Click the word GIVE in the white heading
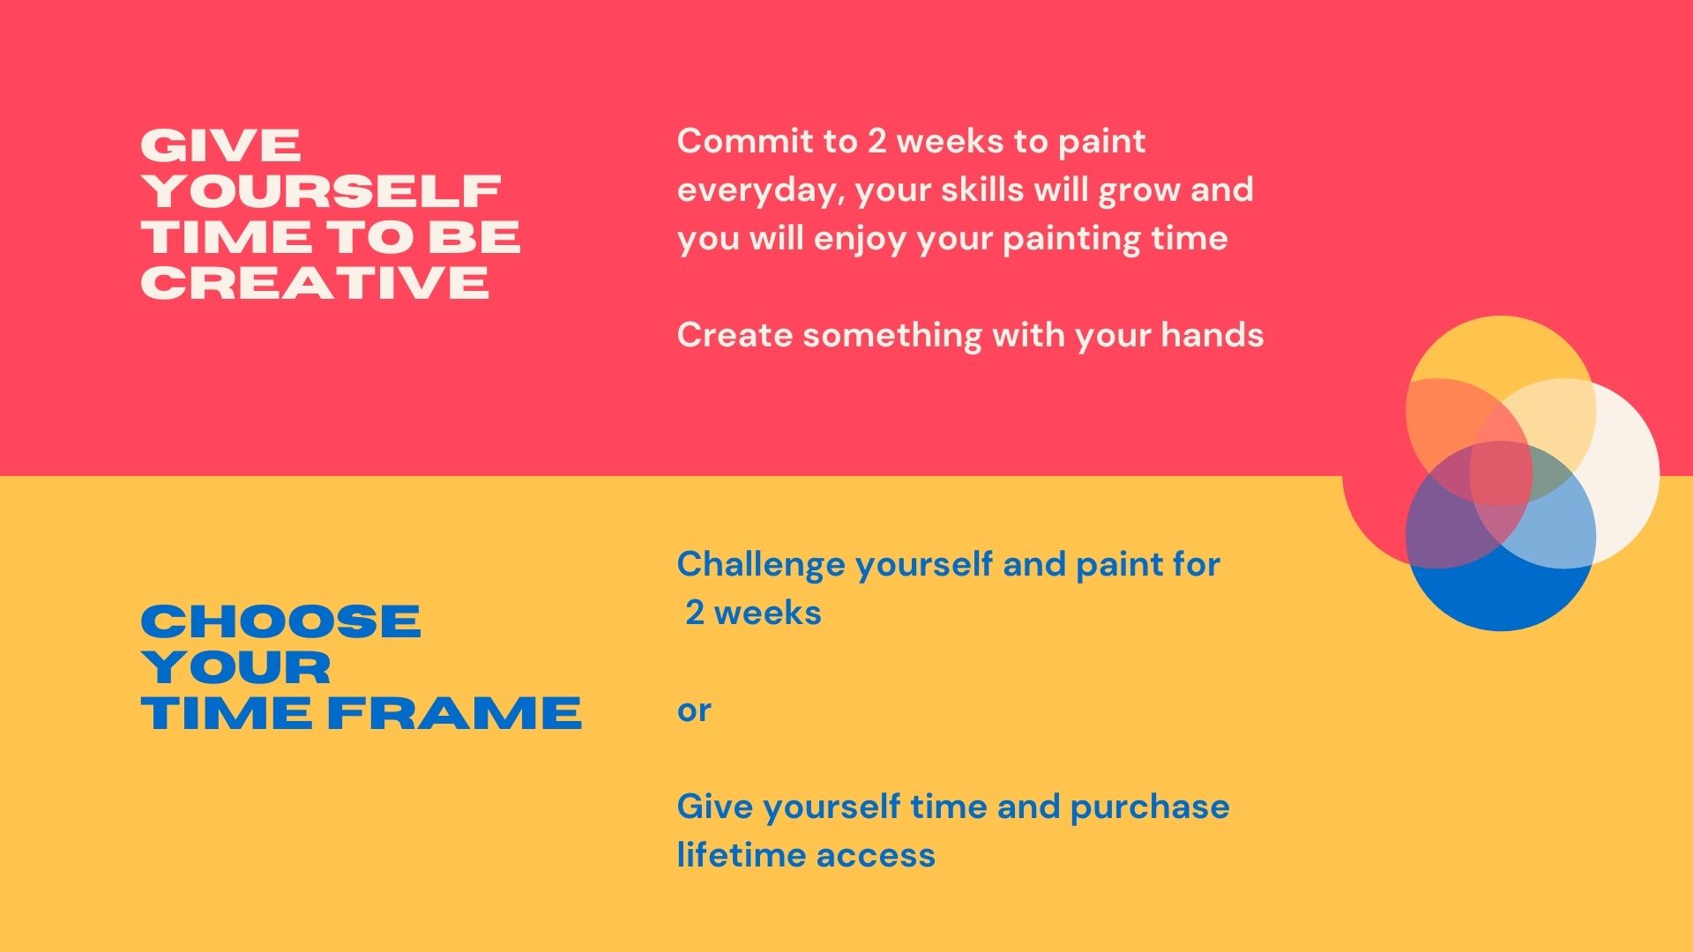pyautogui.click(x=221, y=145)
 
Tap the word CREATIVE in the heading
pyautogui.click(x=315, y=282)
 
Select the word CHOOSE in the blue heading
pyautogui.click(x=280, y=621)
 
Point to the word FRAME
pyautogui.click(x=454, y=713)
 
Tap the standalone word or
pyautogui.click(x=694, y=711)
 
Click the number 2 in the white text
pyautogui.click(x=876, y=141)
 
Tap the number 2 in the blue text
pyautogui.click(x=695, y=613)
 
